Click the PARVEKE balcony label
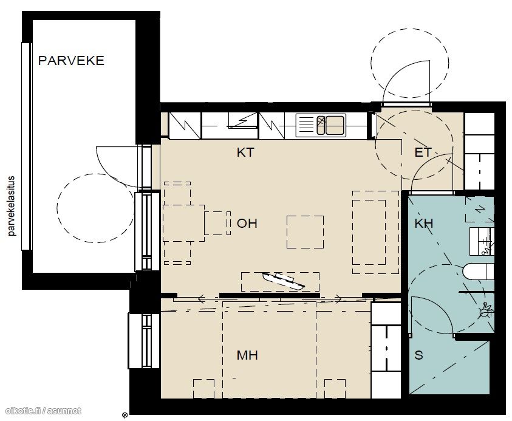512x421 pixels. [x=71, y=60]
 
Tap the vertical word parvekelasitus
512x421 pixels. [x=12, y=206]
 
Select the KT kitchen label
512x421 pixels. [x=245, y=152]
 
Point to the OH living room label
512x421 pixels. [x=247, y=224]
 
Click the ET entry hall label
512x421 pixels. [x=423, y=152]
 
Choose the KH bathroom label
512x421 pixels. [x=424, y=224]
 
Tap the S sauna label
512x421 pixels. [x=418, y=355]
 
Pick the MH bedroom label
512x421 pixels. [x=247, y=355]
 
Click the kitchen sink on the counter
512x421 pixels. [x=321, y=125]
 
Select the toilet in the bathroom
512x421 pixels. [x=479, y=272]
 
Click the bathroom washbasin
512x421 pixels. [x=482, y=241]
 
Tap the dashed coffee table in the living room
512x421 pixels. [x=305, y=232]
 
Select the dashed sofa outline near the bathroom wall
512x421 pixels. [x=375, y=232]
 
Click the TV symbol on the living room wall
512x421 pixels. [x=283, y=281]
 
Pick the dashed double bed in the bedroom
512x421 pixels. [x=269, y=349]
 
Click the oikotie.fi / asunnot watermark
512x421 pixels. [x=44, y=411]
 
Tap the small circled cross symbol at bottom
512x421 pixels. [x=125, y=416]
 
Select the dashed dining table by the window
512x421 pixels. [x=183, y=223]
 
